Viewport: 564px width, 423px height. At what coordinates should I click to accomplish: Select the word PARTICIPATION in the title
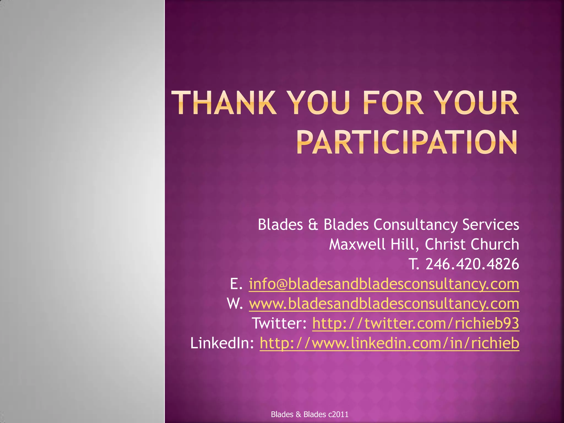pos(407,143)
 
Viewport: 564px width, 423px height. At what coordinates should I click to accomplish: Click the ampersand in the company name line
pos(313,225)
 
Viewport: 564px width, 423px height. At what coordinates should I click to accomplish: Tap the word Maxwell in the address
pos(357,244)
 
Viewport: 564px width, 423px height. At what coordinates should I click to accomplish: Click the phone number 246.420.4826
pos(472,264)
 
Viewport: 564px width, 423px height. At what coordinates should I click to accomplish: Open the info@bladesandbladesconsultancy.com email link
pos(384,284)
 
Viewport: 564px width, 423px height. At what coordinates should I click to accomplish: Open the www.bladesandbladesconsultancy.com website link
pos(384,304)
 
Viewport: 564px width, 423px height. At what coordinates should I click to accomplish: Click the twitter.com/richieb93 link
pos(416,323)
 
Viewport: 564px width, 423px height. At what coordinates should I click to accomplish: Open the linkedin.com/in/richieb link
pos(389,343)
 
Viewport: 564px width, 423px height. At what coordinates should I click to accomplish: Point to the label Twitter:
pos(279,323)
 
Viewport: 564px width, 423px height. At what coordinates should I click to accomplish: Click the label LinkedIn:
pos(222,343)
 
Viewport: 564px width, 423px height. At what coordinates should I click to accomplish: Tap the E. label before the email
pos(236,284)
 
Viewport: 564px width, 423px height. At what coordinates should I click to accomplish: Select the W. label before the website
pos(235,304)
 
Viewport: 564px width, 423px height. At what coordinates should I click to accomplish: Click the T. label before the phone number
pos(414,264)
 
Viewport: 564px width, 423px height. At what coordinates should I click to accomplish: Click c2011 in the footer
pos(338,414)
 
